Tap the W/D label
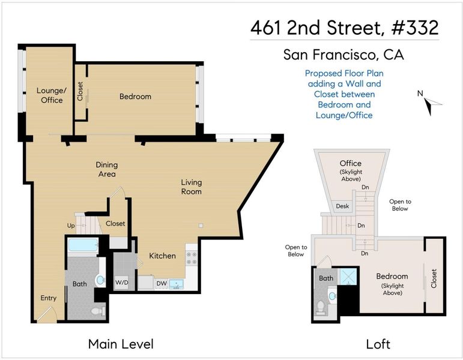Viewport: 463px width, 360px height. click(122, 283)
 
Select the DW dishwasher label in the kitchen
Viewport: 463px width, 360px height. click(162, 284)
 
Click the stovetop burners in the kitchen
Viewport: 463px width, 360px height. click(192, 258)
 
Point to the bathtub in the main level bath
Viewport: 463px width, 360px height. click(83, 245)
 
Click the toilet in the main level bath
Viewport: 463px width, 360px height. click(98, 310)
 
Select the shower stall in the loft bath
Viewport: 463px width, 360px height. click(348, 277)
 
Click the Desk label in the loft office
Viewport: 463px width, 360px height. click(342, 206)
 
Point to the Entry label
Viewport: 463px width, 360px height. click(49, 298)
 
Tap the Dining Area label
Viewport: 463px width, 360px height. click(107, 169)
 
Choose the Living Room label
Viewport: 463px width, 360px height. click(192, 187)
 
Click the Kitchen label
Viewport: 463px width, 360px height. click(162, 256)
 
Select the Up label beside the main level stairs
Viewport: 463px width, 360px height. click(71, 226)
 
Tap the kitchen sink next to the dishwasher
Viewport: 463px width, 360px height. click(177, 284)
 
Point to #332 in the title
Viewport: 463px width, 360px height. click(415, 28)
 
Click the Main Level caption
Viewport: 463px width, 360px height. click(121, 344)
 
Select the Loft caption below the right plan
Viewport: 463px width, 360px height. click(378, 344)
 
